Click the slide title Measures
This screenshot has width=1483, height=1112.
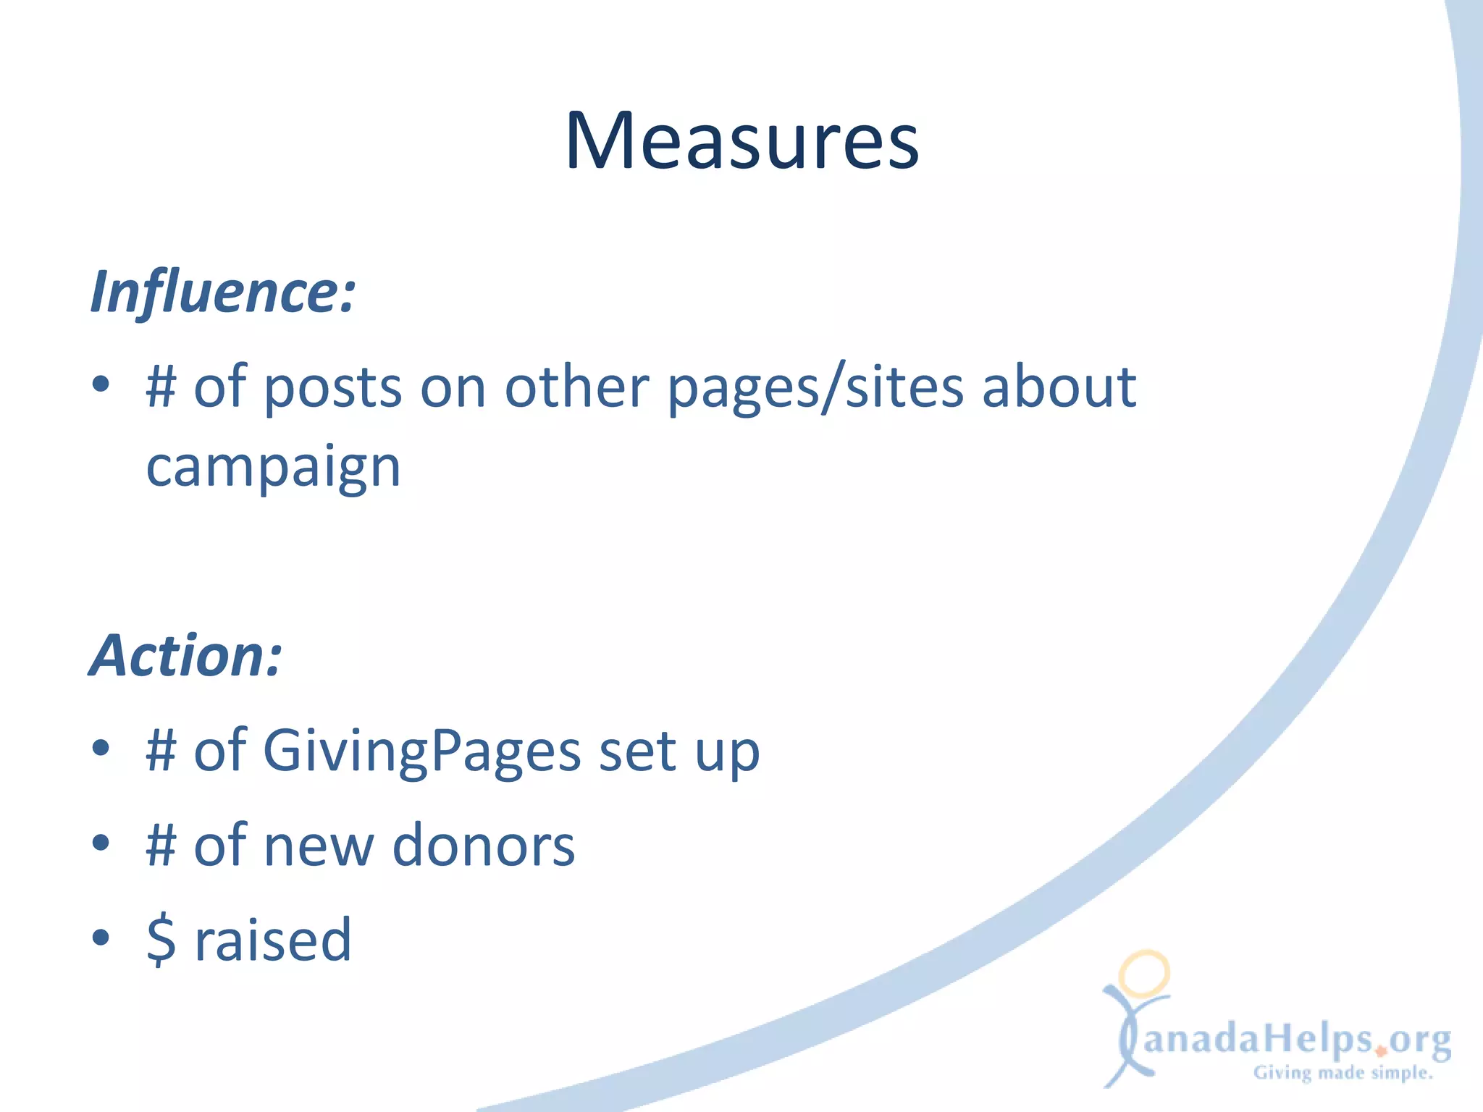point(741,140)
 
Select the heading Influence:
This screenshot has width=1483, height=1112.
point(223,292)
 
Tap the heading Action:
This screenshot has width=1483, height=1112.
point(185,656)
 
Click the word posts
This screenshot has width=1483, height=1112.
point(332,388)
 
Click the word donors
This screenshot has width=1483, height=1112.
point(484,846)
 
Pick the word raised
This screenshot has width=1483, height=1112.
point(273,940)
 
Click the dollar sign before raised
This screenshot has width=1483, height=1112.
point(161,940)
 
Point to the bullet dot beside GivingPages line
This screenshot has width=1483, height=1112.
point(101,749)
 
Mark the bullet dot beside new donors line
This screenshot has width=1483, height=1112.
point(101,843)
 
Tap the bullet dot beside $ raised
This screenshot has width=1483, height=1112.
point(101,938)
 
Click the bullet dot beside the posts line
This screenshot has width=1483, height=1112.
point(101,384)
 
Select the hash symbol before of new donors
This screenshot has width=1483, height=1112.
point(161,846)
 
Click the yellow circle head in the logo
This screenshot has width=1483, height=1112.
point(1144,973)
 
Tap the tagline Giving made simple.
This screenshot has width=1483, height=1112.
point(1343,1073)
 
